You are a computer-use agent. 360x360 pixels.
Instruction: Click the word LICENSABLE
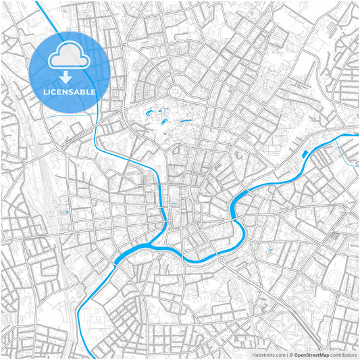[x=70, y=91]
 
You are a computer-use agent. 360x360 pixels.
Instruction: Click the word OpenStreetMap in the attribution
[x=311, y=354]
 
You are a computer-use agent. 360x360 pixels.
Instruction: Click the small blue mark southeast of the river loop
[x=269, y=252]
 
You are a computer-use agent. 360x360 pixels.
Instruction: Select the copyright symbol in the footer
[x=290, y=354]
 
